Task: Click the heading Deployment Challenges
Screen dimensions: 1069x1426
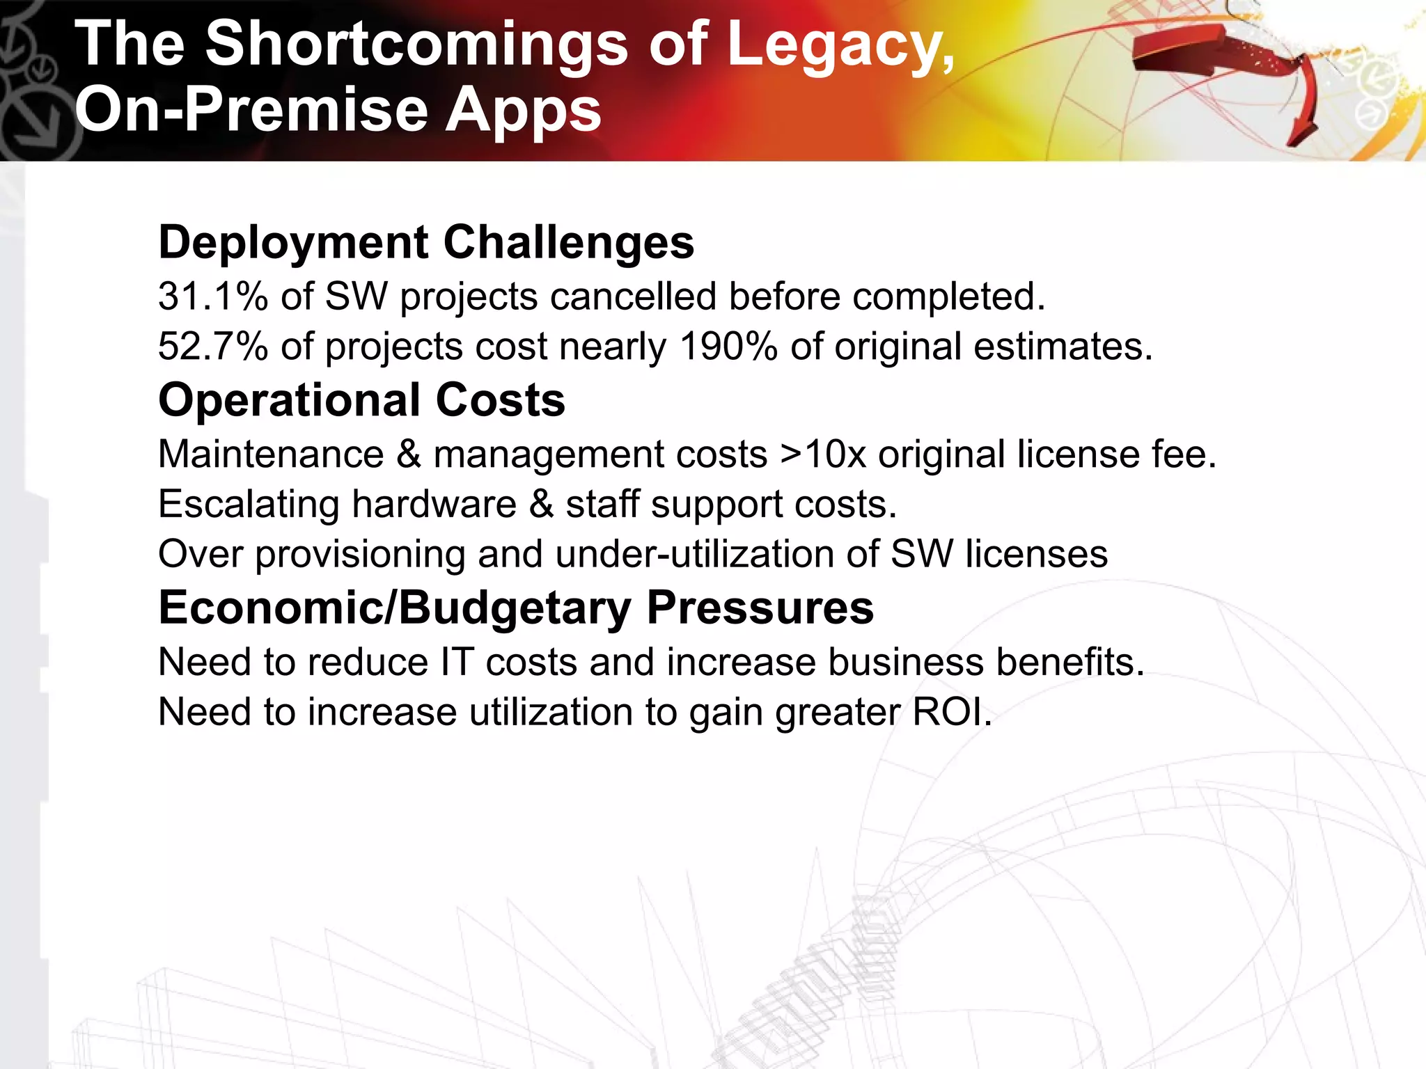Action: point(426,242)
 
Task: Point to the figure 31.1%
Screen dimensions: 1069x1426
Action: point(212,296)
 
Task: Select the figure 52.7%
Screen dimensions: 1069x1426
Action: point(212,346)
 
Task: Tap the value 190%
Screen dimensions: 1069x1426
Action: point(728,346)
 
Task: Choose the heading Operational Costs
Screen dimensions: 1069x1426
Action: point(361,400)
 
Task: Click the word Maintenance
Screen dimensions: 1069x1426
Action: point(271,454)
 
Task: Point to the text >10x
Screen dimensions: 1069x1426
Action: point(823,454)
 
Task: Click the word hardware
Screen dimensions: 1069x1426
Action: point(434,504)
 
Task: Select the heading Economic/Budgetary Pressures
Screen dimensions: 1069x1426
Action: point(516,608)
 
